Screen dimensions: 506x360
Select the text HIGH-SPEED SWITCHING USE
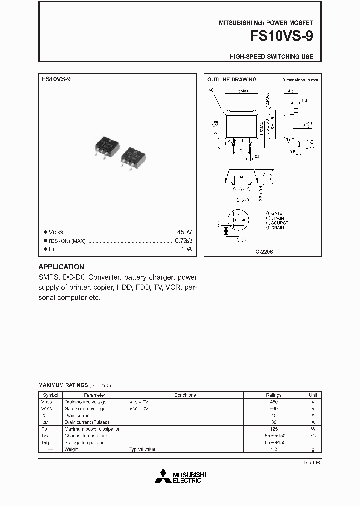(271, 57)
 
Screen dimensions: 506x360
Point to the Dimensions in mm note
(300, 80)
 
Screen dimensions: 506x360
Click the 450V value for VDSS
(184, 232)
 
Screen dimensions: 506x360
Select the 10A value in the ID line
(186, 249)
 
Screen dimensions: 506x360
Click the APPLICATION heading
(61, 267)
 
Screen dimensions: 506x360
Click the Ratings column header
(273, 395)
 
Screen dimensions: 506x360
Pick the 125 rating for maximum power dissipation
(273, 429)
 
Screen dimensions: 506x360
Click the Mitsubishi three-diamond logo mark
(163, 477)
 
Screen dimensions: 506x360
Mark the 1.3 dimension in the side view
(304, 100)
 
